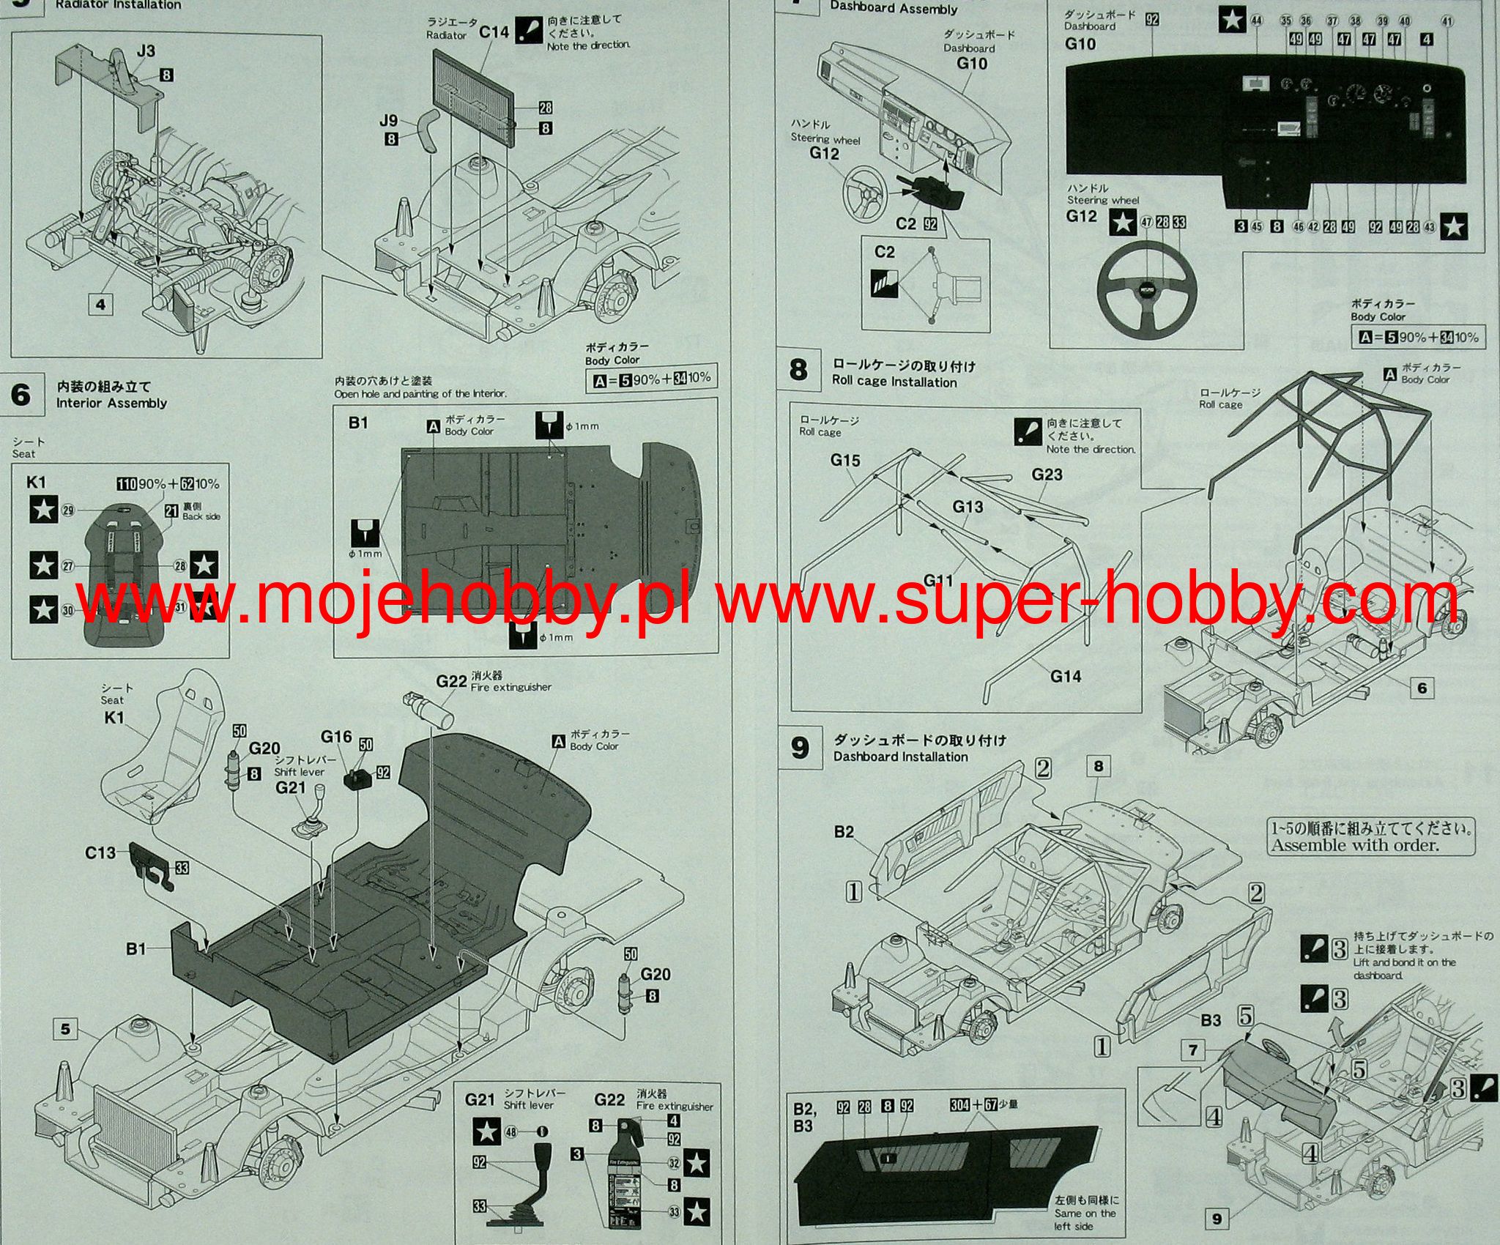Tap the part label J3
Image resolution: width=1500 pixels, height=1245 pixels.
click(146, 51)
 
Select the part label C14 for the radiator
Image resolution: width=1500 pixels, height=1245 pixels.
click(494, 31)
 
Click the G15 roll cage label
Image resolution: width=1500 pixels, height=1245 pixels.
click(845, 460)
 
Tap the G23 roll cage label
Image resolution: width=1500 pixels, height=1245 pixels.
click(1047, 474)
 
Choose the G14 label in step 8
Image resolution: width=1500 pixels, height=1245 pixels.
click(1066, 676)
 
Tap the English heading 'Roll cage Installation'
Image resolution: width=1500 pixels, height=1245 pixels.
click(894, 382)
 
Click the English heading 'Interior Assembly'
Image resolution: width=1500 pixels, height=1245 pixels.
click(111, 403)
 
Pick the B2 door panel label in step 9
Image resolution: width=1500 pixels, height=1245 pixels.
click(844, 832)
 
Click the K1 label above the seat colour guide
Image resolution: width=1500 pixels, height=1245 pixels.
click(36, 482)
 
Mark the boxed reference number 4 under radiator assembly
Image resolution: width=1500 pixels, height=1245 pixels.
click(100, 304)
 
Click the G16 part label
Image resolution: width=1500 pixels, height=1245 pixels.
click(336, 737)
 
